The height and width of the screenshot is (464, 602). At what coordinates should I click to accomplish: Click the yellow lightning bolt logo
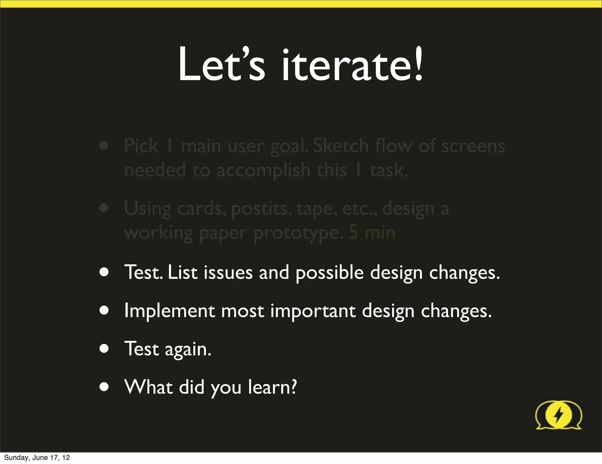pyautogui.click(x=558, y=415)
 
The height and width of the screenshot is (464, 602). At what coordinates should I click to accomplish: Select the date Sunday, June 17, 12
pyautogui.click(x=37, y=457)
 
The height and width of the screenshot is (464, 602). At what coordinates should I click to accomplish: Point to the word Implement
pyautogui.click(x=169, y=311)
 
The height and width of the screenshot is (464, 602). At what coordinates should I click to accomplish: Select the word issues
pyautogui.click(x=228, y=272)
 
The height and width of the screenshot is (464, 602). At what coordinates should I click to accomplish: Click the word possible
pyautogui.click(x=330, y=272)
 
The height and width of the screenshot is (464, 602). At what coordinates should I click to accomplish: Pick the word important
pyautogui.click(x=313, y=311)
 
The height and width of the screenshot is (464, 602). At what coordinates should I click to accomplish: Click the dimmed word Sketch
pyautogui.click(x=341, y=146)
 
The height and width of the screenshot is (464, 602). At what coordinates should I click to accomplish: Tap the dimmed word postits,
pyautogui.click(x=262, y=209)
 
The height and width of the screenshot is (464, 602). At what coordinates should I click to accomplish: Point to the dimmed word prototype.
pyautogui.click(x=299, y=233)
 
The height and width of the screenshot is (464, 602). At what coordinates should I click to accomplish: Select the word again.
pyautogui.click(x=188, y=349)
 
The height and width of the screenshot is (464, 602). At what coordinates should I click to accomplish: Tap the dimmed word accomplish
pyautogui.click(x=263, y=171)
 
